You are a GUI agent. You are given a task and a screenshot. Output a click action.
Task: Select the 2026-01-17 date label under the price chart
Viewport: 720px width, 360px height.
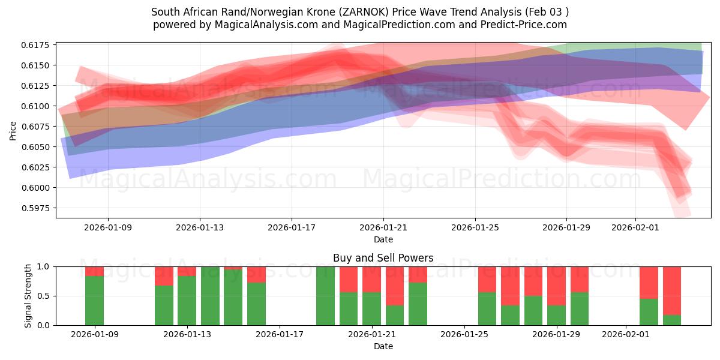[292, 228]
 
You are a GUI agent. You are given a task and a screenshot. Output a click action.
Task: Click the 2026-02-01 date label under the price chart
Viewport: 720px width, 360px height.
[635, 228]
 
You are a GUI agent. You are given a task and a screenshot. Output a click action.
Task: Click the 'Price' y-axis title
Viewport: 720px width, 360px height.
[13, 130]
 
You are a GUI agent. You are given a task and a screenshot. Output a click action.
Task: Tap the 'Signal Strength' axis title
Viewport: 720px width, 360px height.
[28, 296]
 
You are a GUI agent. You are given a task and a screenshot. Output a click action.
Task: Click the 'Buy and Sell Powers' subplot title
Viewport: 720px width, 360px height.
[383, 258]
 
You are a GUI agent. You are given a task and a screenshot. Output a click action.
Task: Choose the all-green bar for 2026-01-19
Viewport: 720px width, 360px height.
[325, 296]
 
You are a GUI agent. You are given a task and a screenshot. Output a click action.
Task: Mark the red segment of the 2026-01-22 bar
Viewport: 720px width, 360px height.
[395, 286]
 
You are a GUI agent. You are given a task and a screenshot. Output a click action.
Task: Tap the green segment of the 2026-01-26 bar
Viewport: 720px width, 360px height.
[487, 308]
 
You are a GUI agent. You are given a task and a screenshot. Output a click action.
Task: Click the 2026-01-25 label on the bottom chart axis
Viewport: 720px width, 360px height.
[465, 335]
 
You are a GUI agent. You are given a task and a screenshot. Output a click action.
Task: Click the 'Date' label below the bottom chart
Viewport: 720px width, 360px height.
[383, 346]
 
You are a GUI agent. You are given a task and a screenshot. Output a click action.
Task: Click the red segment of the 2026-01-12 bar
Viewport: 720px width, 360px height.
[164, 276]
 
